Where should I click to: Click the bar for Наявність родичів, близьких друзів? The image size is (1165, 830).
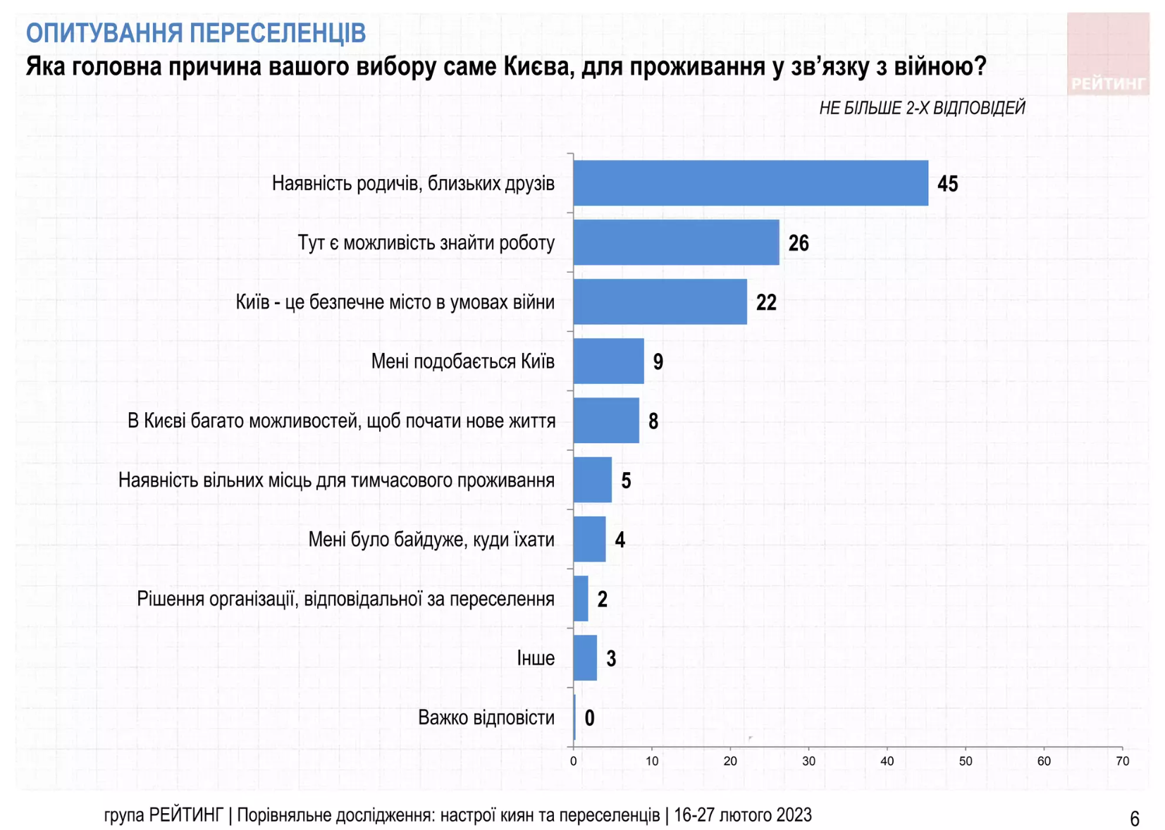pos(750,183)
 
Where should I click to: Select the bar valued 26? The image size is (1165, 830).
pos(676,242)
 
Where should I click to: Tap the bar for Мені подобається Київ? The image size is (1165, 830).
pos(608,361)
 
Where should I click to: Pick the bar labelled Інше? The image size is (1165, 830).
pos(585,658)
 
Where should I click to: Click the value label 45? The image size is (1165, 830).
pos(947,184)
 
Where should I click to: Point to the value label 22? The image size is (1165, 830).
pos(766,302)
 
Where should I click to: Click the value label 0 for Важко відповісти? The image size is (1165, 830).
pos(589,718)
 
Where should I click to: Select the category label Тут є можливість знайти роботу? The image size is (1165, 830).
pos(426,243)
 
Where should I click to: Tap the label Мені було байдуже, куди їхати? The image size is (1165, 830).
pos(431,540)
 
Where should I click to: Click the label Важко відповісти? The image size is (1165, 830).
pos(486,718)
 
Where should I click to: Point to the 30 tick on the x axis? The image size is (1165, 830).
pos(808,761)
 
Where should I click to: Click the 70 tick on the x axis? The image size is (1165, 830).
pos(1122,761)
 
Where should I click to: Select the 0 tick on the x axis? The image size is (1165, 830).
pos(573,761)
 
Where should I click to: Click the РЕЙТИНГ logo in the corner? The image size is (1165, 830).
pos(1107,54)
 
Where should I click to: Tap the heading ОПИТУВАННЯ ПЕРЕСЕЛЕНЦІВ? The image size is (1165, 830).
pos(196,32)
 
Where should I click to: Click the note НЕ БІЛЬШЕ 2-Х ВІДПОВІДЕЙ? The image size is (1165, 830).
pos(921,108)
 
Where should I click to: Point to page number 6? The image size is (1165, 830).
pos(1134,818)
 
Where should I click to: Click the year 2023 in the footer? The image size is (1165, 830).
pos(794,815)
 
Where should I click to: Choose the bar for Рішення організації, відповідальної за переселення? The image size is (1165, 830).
pos(580,599)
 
